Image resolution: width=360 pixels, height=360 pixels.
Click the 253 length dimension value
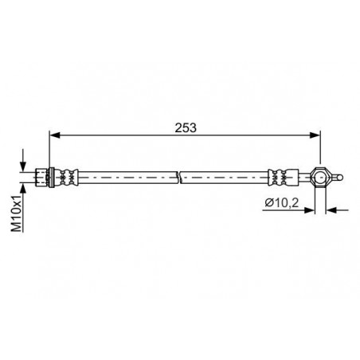(186, 127)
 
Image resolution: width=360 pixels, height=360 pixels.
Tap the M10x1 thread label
(16, 213)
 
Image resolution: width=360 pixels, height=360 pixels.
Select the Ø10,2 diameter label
(282, 203)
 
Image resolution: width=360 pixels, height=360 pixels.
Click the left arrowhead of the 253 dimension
(55, 135)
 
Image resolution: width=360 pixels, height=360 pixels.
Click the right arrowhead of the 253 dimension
(315, 135)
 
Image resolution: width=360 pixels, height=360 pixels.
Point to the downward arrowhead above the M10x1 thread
(23, 167)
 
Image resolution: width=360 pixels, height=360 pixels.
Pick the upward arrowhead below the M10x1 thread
(23, 187)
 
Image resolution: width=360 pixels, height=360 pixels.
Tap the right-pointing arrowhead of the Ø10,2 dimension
(310, 210)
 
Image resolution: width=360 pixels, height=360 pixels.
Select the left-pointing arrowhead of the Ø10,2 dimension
(331, 210)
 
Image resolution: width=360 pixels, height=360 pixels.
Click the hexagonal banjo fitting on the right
(320, 178)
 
